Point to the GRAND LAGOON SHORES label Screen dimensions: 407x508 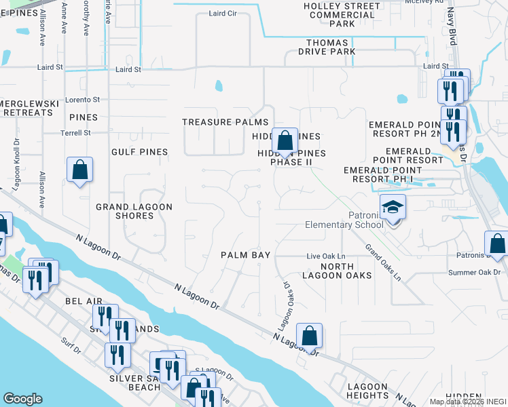click(134, 211)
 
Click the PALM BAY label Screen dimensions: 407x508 click(246, 255)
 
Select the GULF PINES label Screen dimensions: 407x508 click(141, 152)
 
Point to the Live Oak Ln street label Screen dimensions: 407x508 click(322, 256)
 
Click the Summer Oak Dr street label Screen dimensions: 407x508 click(474, 272)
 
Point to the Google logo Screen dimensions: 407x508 click(22, 399)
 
